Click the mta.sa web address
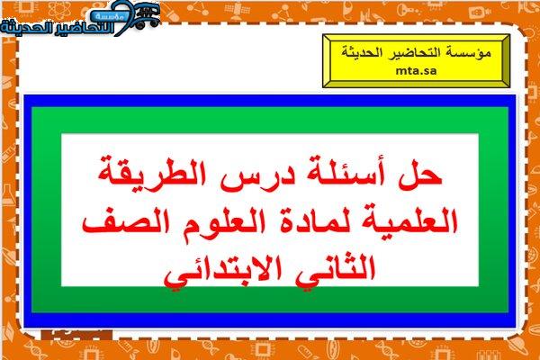(x=416, y=71)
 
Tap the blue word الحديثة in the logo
(x=21, y=28)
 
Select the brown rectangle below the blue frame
(x=76, y=334)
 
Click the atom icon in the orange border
(x=59, y=10)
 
